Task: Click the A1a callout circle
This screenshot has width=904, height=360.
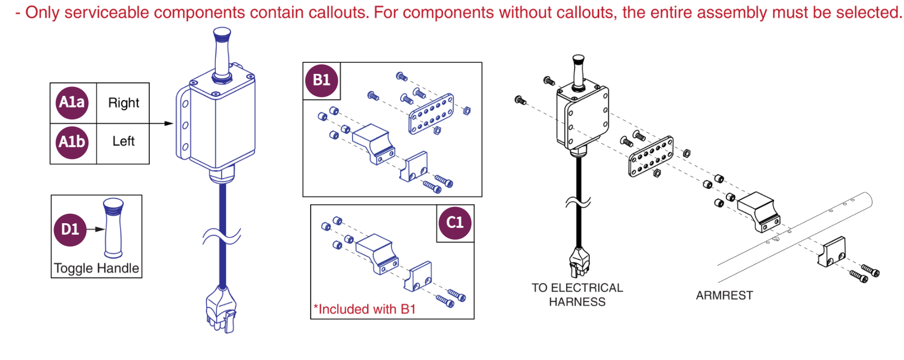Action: (x=72, y=103)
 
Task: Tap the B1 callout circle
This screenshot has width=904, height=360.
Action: (x=322, y=81)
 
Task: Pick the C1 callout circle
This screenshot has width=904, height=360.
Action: (x=455, y=223)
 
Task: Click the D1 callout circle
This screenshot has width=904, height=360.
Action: (x=70, y=230)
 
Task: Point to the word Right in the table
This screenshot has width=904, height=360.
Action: (x=124, y=103)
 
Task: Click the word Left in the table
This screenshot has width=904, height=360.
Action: (x=124, y=141)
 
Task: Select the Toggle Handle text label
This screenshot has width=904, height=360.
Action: (x=96, y=268)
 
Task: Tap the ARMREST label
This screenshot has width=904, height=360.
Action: (x=724, y=296)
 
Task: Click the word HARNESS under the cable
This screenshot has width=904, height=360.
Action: (x=577, y=302)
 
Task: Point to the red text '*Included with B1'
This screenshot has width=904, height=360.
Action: (x=365, y=309)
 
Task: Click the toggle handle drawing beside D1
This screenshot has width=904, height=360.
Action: (x=114, y=228)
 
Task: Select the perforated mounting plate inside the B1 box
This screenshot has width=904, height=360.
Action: (x=431, y=114)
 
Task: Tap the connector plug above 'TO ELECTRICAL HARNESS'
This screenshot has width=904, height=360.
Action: (x=579, y=262)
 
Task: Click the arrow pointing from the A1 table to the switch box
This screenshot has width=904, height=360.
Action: (x=161, y=124)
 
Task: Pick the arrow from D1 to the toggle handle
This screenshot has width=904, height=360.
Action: (x=95, y=230)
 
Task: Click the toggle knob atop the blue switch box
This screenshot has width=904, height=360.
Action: (x=222, y=54)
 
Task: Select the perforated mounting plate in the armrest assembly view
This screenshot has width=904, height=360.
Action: (x=651, y=157)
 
